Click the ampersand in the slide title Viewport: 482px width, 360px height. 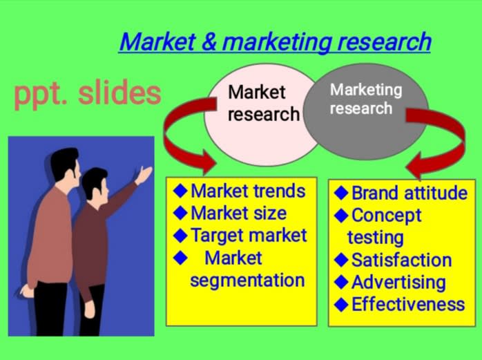(209, 42)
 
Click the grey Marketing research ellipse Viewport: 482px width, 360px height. (366, 111)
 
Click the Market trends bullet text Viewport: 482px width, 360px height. (248, 191)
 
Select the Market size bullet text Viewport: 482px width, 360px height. (238, 214)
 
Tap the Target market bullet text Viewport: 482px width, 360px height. (249, 236)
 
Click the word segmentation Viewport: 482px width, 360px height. (247, 281)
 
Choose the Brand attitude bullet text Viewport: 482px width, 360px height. (409, 193)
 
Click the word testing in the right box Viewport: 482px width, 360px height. (376, 238)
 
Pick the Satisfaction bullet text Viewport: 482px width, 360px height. (401, 260)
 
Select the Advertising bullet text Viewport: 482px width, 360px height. (398, 283)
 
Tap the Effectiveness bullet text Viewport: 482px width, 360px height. (408, 305)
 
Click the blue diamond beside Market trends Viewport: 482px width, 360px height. (180, 191)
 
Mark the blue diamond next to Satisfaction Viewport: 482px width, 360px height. (341, 260)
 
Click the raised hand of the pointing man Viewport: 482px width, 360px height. (144, 174)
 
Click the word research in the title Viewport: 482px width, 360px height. (384, 42)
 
